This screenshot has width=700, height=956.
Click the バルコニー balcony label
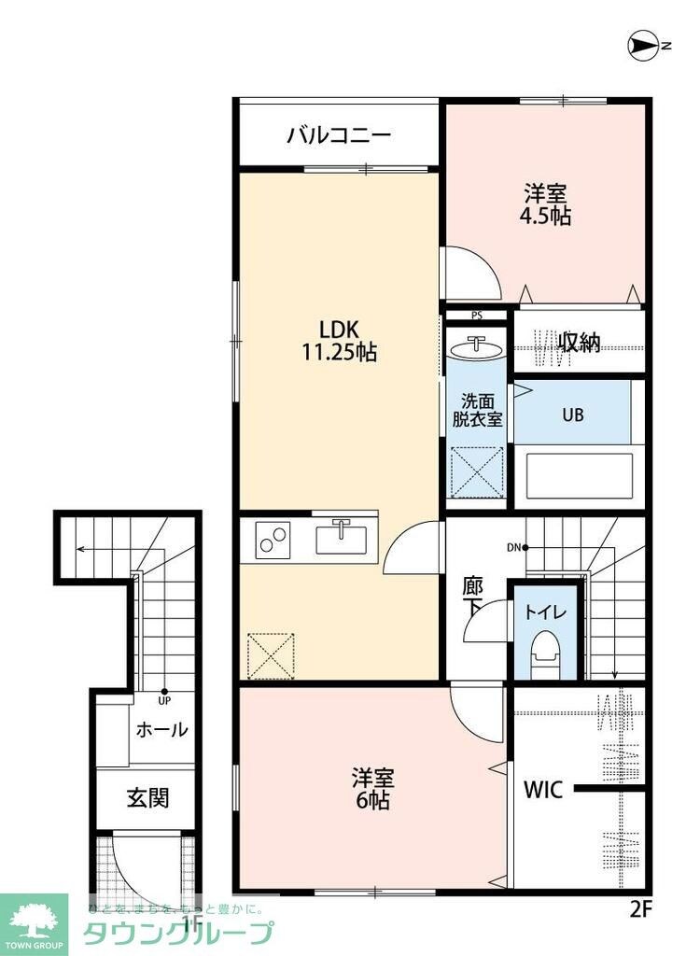[x=338, y=136]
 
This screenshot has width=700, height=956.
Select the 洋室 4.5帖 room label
[x=546, y=204]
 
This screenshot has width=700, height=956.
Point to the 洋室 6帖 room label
[x=371, y=789]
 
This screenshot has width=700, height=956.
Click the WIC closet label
[x=542, y=790]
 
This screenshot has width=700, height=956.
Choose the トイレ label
[x=544, y=613]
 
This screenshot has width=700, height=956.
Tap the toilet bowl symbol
[x=544, y=650]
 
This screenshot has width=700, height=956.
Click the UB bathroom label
[x=572, y=415]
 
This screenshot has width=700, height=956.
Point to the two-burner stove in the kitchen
[x=273, y=541]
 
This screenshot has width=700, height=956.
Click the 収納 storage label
[x=580, y=343]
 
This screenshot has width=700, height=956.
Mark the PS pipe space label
[x=476, y=316]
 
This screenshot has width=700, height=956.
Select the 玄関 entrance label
[x=147, y=798]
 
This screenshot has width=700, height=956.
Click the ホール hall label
[x=161, y=730]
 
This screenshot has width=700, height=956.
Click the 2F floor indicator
[x=637, y=906]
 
